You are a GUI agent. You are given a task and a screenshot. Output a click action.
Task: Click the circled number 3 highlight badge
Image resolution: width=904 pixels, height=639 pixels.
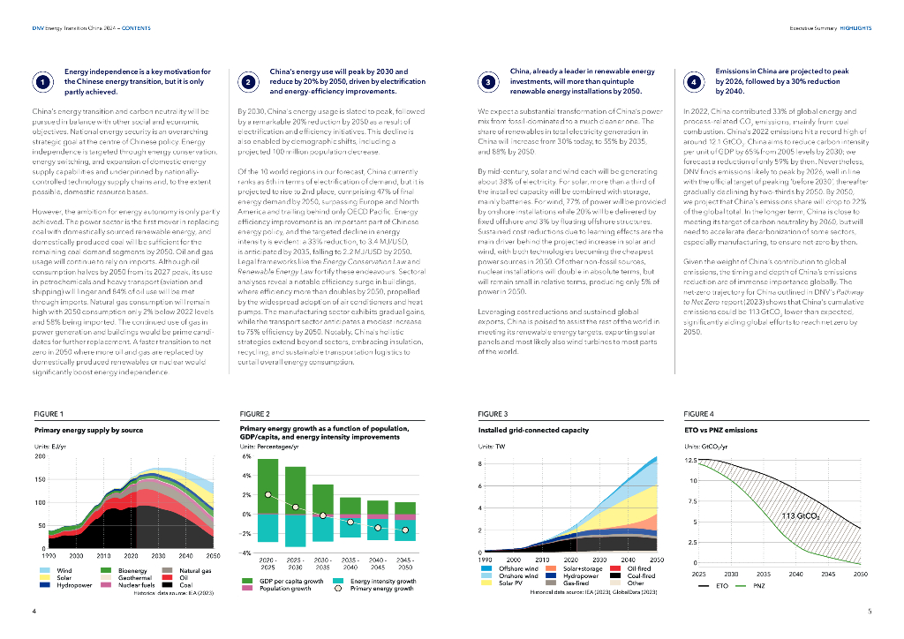click(489, 82)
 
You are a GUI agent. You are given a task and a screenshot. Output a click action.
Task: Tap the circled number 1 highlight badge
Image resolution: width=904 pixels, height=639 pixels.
click(41, 82)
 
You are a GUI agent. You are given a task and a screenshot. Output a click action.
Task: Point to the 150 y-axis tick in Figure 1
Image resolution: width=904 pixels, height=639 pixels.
click(39, 479)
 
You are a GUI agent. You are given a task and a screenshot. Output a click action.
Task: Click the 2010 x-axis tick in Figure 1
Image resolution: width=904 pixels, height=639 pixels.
click(104, 557)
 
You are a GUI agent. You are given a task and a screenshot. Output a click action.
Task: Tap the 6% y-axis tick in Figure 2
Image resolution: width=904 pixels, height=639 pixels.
click(246, 457)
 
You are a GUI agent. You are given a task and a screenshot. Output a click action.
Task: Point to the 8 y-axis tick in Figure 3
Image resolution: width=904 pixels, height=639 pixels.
click(480, 464)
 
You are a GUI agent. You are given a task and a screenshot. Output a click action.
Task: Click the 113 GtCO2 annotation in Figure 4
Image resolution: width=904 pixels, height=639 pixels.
click(801, 515)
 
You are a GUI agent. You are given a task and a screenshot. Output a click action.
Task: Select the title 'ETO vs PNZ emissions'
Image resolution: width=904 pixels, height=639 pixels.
click(720, 430)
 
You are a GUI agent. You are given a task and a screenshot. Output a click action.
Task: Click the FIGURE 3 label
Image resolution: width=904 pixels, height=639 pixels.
click(492, 413)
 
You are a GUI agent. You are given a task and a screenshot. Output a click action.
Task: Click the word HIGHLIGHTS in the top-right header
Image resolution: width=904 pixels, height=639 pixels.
click(855, 27)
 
